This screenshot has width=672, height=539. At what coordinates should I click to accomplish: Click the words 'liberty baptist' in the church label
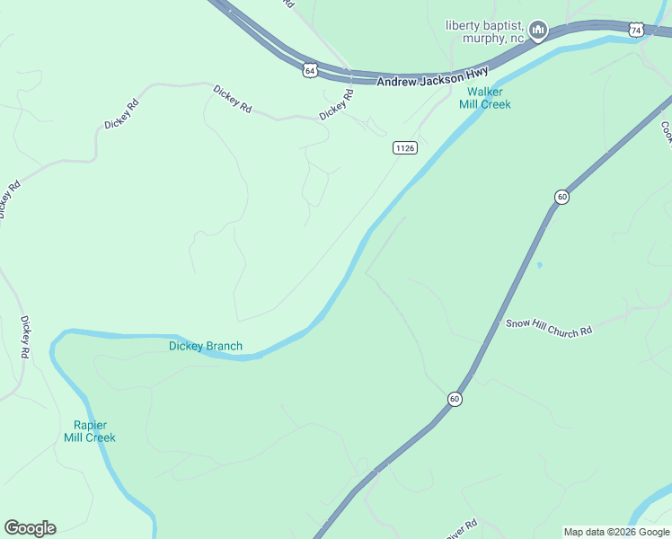tap(484, 24)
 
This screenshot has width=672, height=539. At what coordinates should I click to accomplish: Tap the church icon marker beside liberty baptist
tap(538, 31)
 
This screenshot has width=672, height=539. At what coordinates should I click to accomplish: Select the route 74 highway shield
tap(636, 30)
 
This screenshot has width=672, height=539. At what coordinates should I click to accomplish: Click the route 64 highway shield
tap(310, 69)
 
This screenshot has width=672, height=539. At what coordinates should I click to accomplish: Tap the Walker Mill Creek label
tap(485, 98)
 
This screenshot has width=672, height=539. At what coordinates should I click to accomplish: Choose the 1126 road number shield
tap(404, 147)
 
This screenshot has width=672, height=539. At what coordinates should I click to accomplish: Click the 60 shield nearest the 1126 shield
tap(561, 196)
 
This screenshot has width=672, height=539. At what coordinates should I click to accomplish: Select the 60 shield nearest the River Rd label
tap(455, 398)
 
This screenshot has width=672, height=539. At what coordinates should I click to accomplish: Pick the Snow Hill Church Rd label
tap(549, 326)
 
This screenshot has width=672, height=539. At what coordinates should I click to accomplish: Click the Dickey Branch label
tap(206, 346)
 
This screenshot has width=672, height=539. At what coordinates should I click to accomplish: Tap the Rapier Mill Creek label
tap(90, 431)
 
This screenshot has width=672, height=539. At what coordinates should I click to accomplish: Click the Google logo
tap(30, 528)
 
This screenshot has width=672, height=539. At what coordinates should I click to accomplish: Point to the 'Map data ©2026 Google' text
tap(616, 532)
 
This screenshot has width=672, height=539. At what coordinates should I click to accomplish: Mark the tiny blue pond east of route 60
tap(539, 265)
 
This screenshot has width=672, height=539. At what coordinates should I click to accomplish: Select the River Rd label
tap(462, 527)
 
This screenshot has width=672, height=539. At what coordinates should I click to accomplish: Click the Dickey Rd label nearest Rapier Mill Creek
tap(26, 336)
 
